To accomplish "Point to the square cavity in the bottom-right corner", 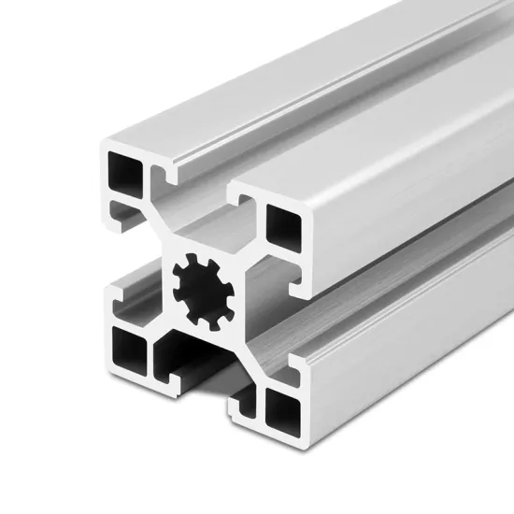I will tap(280, 405).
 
